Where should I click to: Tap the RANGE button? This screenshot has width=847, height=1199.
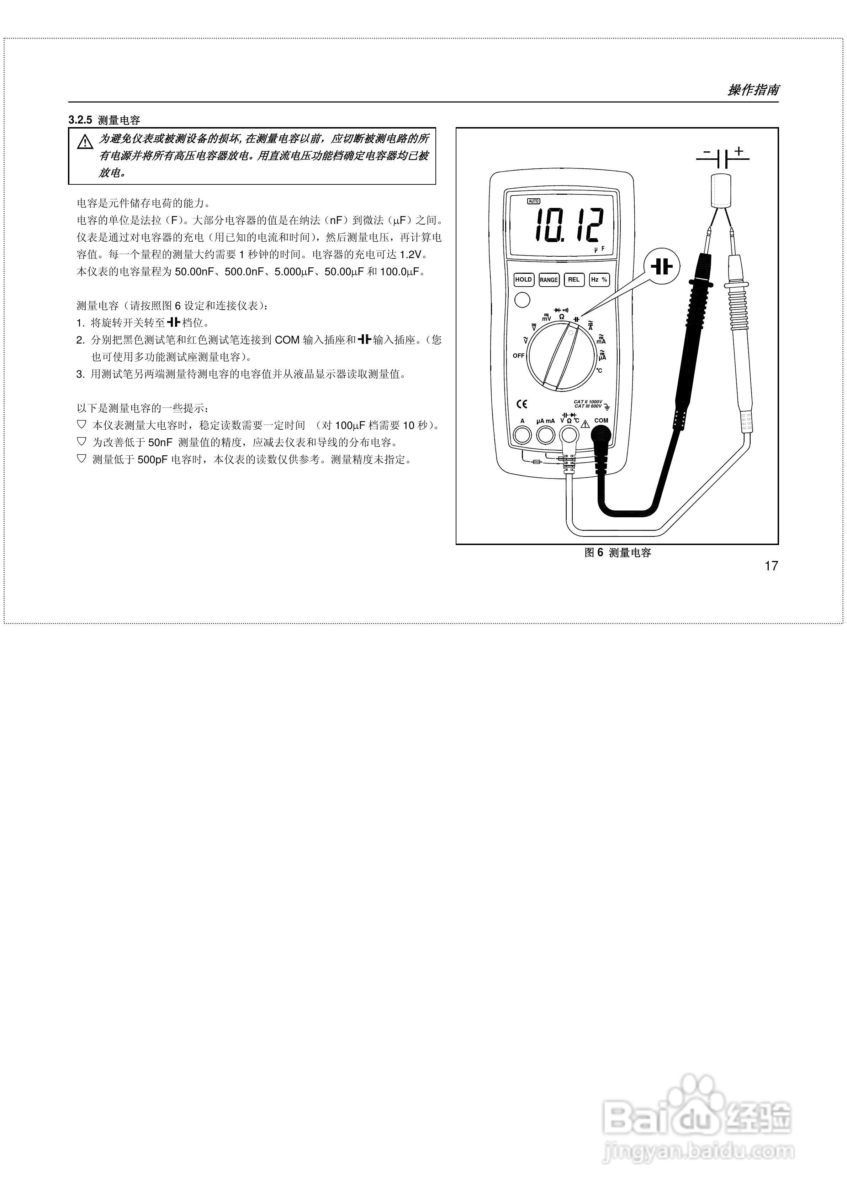549,280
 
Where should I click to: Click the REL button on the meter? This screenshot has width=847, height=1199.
573,280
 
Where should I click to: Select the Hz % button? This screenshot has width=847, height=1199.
599,280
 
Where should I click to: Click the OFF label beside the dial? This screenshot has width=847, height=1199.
518,356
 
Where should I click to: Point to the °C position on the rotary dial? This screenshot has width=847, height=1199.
599,370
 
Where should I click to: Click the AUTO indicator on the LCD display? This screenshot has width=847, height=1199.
533,201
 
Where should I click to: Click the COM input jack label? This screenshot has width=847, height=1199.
601,420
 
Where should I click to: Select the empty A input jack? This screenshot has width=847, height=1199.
523,434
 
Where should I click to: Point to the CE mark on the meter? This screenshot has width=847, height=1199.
522,404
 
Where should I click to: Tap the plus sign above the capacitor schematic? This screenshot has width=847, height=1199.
739,151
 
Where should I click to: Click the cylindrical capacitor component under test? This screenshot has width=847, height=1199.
721,192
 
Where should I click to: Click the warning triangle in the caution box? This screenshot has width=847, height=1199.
85,142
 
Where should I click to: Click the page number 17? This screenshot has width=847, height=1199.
771,566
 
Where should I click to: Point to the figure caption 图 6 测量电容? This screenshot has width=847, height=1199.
618,553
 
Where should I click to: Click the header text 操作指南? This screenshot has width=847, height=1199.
753,90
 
